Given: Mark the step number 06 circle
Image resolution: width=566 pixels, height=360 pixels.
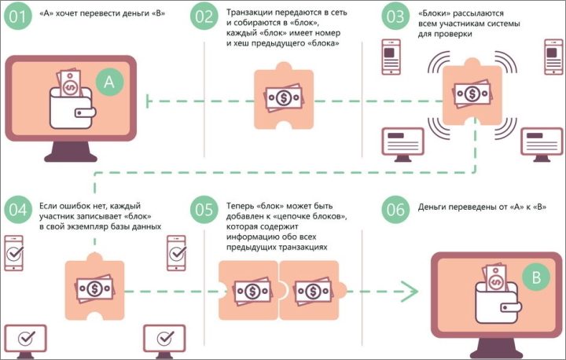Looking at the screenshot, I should [395, 210].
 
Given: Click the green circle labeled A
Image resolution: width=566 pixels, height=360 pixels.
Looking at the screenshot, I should [109, 80].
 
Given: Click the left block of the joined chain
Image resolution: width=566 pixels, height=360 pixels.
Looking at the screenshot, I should [248, 291].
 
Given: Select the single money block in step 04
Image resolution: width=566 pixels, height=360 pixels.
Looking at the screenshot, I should [94, 290].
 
